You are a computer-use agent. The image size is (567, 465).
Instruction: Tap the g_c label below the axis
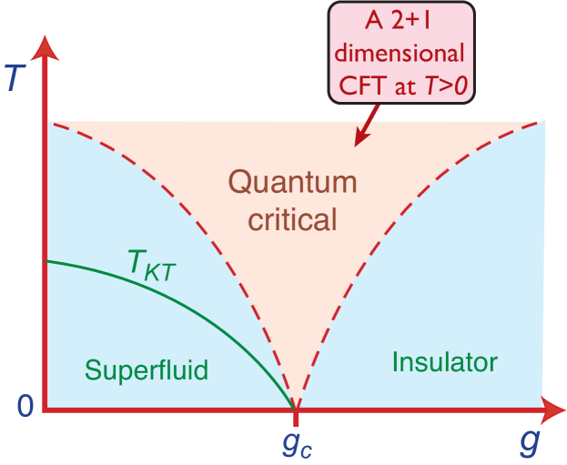tap(297, 445)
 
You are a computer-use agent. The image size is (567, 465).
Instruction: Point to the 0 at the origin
tap(25, 407)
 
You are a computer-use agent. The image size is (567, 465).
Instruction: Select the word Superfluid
tap(147, 369)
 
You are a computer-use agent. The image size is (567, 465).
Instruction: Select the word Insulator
tap(445, 362)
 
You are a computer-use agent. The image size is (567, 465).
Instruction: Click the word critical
tap(293, 218)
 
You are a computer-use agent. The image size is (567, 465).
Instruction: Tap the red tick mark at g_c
tap(296, 420)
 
